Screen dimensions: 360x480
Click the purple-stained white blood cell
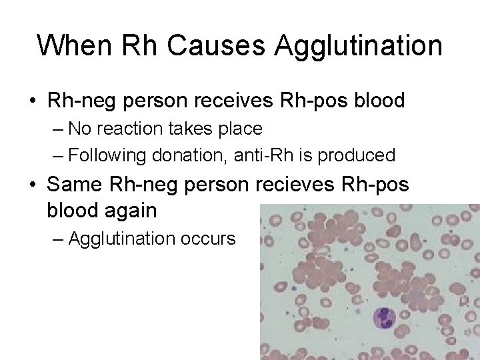386,317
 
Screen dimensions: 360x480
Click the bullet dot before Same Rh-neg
33,184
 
